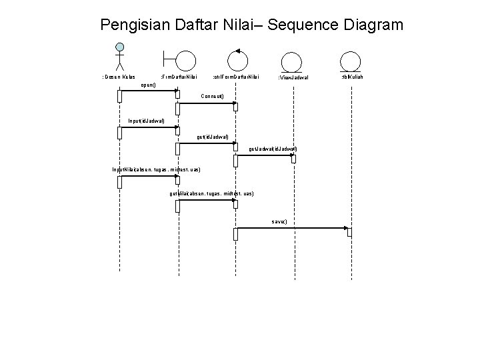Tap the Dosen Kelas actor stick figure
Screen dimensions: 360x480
120,57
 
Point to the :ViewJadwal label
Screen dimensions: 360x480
293,79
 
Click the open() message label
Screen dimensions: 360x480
149,86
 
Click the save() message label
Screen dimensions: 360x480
279,221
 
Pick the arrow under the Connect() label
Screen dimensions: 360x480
207,104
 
